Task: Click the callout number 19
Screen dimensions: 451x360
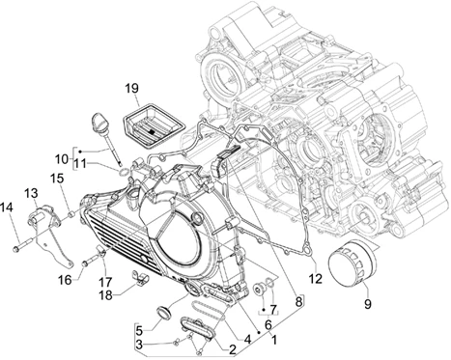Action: point(131,88)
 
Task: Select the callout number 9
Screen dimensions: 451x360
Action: point(368,303)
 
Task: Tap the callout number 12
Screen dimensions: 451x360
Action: point(316,279)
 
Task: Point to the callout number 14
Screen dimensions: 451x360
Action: point(7,208)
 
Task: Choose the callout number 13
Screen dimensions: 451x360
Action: point(31,193)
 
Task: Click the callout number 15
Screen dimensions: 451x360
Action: point(57,179)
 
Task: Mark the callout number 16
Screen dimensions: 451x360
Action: point(65,280)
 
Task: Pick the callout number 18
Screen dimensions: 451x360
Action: point(106,294)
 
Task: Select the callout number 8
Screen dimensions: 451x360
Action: point(298,301)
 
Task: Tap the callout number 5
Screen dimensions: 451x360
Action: point(139,330)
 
